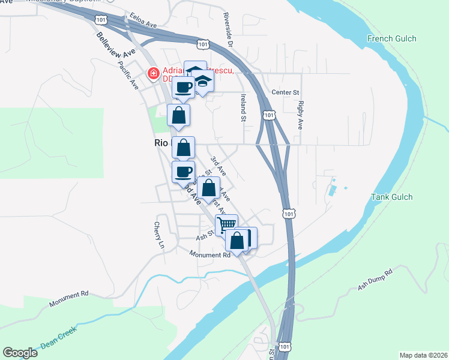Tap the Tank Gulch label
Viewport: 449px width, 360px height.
[x=392, y=197]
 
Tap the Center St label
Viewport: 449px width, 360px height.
[x=285, y=92]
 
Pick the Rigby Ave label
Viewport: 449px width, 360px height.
[x=300, y=115]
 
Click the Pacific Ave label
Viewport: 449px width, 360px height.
[x=128, y=75]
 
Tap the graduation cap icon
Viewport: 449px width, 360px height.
[x=203, y=83]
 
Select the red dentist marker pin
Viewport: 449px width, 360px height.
[x=154, y=74]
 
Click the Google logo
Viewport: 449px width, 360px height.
[x=20, y=353]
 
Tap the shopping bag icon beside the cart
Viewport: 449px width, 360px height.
[x=238, y=241]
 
